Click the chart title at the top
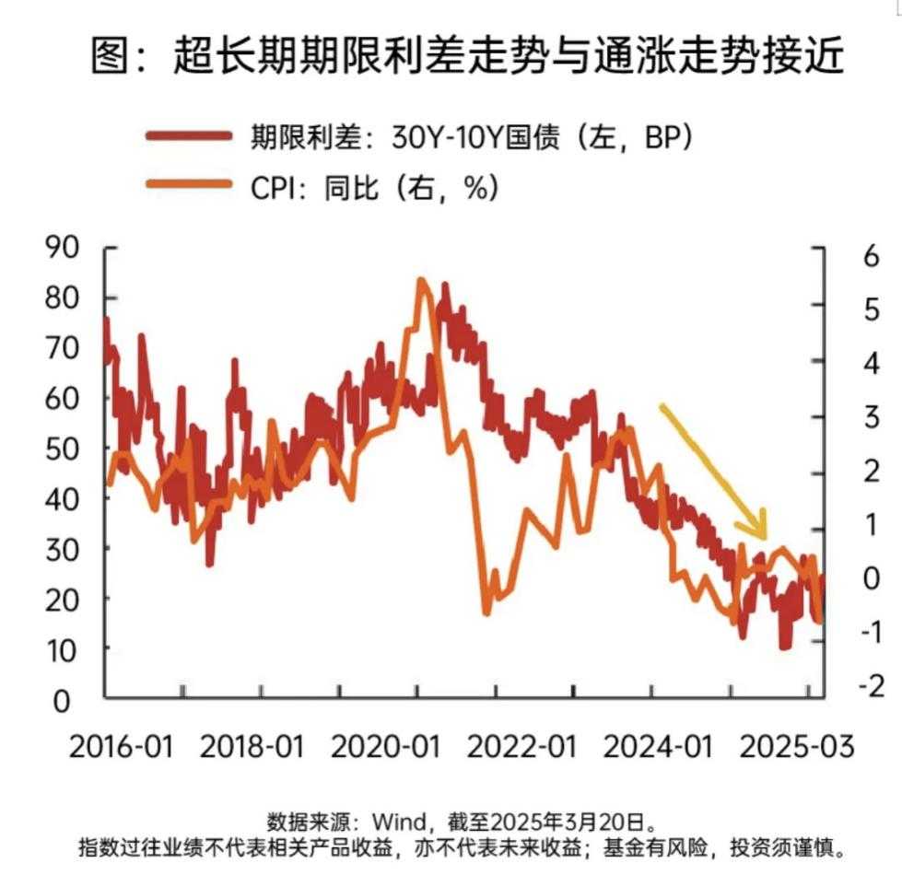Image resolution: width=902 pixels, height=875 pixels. click(x=467, y=57)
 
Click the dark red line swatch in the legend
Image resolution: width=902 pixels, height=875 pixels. click(x=188, y=136)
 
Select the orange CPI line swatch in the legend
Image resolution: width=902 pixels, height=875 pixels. click(x=188, y=185)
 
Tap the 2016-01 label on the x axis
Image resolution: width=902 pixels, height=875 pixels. click(x=121, y=745)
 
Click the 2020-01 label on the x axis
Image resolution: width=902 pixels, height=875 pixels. click(x=384, y=745)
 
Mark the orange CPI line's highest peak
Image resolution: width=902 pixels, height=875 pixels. click(x=422, y=280)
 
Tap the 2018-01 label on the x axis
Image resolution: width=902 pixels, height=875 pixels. click(x=252, y=745)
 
